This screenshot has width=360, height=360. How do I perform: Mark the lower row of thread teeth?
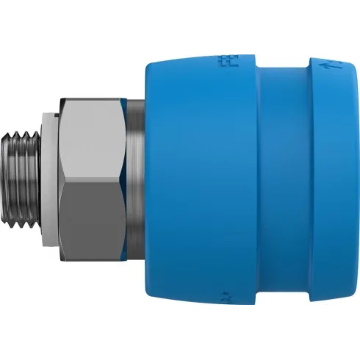coord(26,232)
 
